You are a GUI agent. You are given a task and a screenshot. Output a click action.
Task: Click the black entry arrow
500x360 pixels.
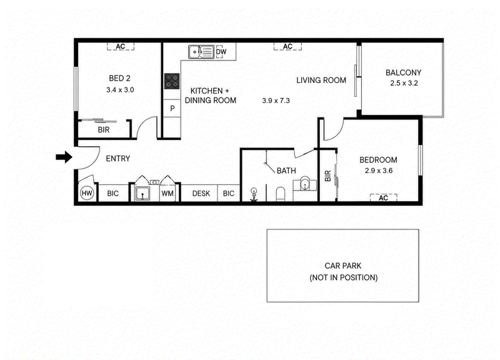64,157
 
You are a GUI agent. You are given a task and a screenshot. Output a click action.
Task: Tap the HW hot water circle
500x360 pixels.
87,193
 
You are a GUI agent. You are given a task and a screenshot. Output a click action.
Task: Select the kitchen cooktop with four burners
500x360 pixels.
172,81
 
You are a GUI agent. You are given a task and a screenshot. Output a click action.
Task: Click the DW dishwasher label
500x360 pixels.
221,52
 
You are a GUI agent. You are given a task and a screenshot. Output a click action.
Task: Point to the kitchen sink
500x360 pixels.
201,52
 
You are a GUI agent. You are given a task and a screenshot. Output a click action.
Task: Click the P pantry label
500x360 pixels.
172,109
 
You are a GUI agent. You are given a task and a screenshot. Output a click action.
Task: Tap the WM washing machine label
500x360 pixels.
167,194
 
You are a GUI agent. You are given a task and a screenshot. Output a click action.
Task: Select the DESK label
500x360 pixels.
201,194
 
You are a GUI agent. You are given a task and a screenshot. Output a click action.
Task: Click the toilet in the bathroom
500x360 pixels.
280,194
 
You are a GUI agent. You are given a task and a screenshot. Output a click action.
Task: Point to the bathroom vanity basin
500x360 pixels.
305,184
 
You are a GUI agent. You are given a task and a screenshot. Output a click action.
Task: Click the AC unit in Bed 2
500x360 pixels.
121,46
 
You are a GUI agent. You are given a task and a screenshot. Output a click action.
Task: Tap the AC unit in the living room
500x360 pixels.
287,46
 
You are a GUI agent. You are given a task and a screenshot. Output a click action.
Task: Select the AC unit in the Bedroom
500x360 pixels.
383,197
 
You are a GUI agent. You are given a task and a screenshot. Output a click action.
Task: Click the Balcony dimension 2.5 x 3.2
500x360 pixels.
404,83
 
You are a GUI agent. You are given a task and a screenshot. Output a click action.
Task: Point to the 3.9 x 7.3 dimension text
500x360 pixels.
276,101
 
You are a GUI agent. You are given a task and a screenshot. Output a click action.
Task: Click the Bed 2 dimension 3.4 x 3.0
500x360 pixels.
120,90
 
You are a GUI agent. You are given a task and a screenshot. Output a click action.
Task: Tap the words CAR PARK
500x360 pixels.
342,266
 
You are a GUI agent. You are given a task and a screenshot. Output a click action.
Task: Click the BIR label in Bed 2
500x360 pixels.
104,130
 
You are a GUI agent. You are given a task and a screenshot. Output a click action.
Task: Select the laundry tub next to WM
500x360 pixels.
142,193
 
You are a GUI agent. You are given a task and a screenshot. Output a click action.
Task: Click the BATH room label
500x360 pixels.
286,171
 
